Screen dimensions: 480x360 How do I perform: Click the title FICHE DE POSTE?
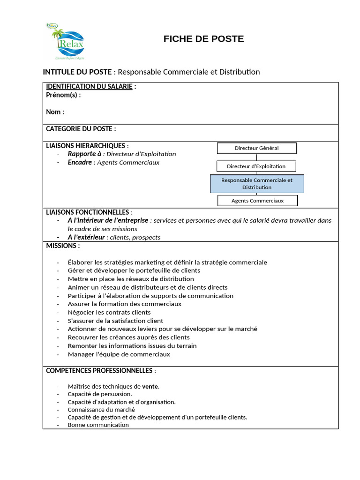coord(203,39)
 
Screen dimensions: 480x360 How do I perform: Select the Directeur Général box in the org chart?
coord(256,148)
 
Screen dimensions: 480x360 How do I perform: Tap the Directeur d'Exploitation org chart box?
coord(256,166)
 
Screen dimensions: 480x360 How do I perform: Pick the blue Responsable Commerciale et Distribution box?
coord(257,184)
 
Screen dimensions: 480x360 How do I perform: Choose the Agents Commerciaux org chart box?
coord(257,201)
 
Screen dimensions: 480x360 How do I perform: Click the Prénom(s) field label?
coord(63,95)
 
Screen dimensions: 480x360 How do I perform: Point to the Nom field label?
coord(55,112)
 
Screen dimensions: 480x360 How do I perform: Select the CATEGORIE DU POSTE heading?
coord(81,129)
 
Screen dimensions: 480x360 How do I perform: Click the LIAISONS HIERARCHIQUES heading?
coord(87,146)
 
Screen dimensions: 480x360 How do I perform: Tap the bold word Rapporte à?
coord(84,154)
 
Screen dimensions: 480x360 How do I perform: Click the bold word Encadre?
coord(80,162)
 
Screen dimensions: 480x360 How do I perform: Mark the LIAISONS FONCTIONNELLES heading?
coord(89,212)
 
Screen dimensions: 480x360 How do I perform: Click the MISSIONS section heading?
coord(63,246)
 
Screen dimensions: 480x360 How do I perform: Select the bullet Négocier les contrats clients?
coord(109,312)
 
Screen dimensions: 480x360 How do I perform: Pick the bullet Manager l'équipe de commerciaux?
coord(119,354)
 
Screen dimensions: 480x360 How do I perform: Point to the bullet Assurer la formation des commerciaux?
coord(124,304)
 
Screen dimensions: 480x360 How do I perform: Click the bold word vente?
coord(150,387)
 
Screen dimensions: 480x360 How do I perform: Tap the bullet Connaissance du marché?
coord(101,409)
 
